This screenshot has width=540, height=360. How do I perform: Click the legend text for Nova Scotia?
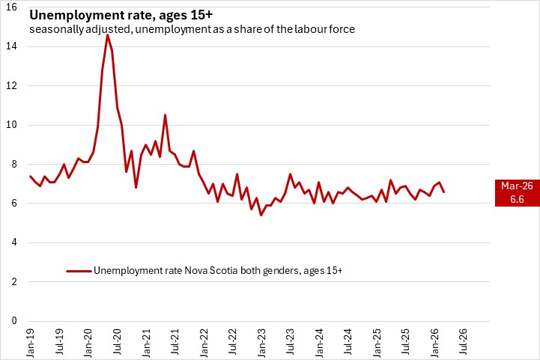[219, 270]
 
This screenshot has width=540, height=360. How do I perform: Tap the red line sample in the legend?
[79, 271]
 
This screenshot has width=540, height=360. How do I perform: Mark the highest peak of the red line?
[107, 35]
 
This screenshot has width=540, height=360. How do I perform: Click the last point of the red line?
[444, 192]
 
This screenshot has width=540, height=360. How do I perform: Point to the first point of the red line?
[30, 176]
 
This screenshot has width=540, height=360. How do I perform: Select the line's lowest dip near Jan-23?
[261, 216]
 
